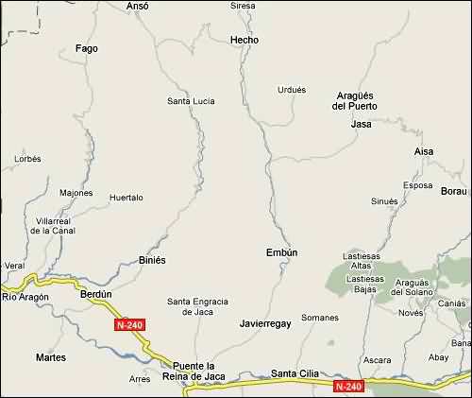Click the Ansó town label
[137, 6]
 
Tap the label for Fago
[86, 49]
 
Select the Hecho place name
[244, 40]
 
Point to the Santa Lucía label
[191, 101]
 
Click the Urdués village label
[292, 90]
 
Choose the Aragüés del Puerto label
[357, 100]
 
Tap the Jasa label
[361, 124]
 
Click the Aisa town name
[425, 151]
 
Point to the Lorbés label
[28, 159]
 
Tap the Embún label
[281, 252]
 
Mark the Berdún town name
[96, 294]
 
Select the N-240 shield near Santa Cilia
[348, 386]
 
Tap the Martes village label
[50, 357]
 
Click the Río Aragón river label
[24, 298]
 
